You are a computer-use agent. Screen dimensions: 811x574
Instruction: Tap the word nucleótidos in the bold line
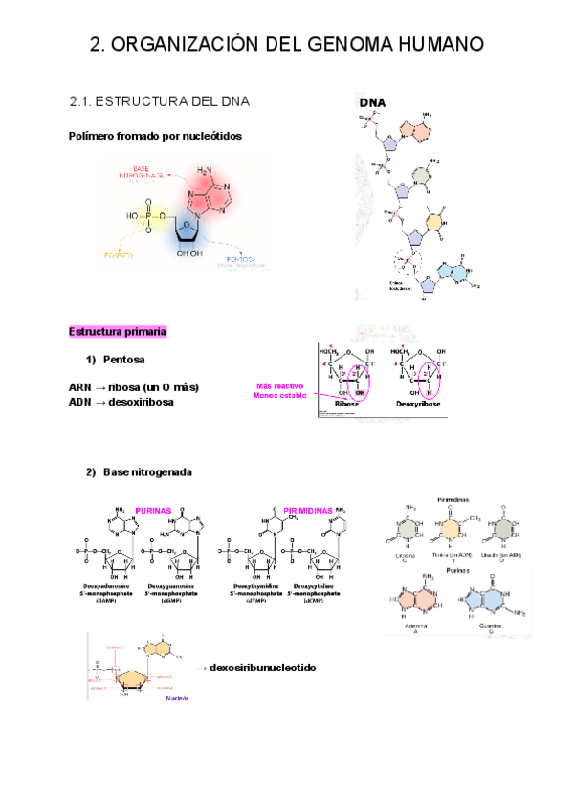(206, 137)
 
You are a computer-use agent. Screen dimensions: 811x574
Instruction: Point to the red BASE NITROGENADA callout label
(142, 173)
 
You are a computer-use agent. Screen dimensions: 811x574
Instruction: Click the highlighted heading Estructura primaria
(118, 331)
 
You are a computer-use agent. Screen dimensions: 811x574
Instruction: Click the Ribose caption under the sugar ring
(345, 405)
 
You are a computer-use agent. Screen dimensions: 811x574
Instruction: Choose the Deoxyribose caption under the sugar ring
(417, 405)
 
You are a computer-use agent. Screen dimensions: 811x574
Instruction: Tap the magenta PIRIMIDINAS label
(308, 511)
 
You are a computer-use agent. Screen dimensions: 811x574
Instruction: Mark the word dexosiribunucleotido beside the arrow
(262, 668)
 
